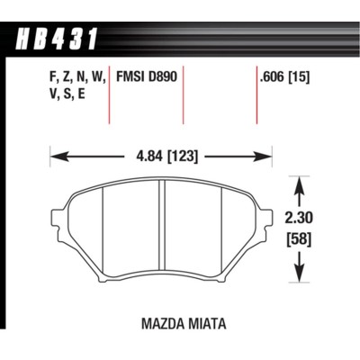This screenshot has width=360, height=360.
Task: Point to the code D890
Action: pos(168,78)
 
